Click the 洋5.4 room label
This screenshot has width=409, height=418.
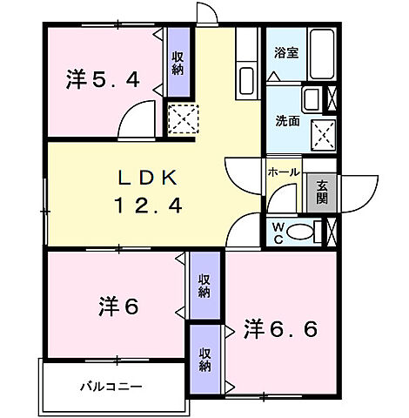pos(101,80)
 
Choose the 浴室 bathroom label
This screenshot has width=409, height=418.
pos(285,52)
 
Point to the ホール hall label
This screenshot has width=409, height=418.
pos(284,173)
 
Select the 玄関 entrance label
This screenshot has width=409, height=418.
pos(322,191)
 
